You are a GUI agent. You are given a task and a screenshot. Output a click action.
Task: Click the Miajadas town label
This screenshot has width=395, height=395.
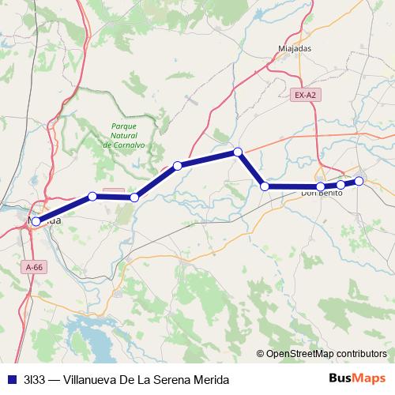(295, 47)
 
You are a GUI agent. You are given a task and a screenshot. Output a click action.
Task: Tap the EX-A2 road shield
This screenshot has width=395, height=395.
(305, 96)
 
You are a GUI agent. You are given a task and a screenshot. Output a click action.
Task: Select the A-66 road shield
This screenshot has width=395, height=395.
(35, 268)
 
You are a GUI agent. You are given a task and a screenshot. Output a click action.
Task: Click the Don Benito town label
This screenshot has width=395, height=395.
(321, 193)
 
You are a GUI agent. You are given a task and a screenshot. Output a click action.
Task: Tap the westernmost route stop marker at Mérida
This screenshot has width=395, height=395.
(36, 222)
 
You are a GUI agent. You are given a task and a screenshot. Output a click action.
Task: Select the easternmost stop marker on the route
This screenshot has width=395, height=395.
(359, 182)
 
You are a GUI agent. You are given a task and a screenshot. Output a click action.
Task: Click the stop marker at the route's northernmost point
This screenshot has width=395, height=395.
(237, 152)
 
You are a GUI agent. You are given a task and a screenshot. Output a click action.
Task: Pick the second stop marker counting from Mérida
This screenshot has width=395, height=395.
(92, 196)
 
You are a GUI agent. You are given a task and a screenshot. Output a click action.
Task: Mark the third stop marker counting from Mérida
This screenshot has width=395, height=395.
(134, 197)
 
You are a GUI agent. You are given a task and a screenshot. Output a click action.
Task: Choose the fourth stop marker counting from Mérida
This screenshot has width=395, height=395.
(178, 166)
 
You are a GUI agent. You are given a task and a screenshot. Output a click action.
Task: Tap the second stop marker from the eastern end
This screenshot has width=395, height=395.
(340, 185)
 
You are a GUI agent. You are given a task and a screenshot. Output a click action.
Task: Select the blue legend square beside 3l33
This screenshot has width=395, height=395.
(11, 378)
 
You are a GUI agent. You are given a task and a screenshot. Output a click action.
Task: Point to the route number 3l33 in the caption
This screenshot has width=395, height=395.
(34, 378)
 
